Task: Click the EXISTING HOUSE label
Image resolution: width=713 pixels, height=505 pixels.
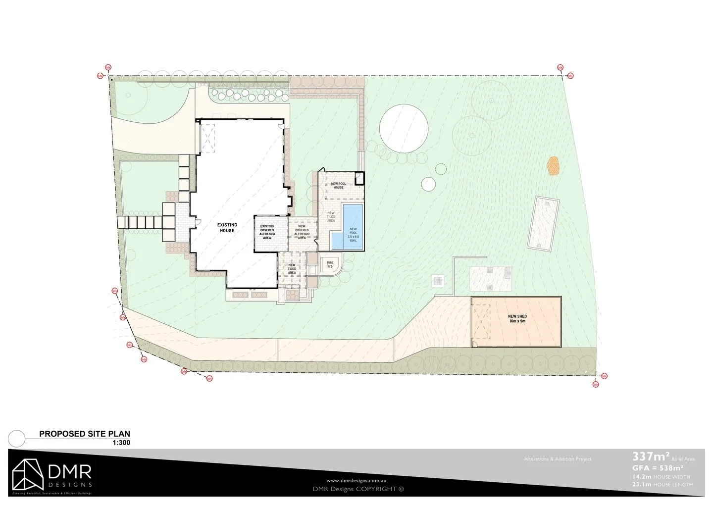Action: pyautogui.click(x=227, y=228)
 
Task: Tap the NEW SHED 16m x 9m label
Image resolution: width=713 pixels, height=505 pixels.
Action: pyautogui.click(x=517, y=319)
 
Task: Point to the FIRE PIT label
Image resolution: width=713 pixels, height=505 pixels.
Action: pyautogui.click(x=330, y=265)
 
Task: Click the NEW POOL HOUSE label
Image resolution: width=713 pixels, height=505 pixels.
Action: pyautogui.click(x=339, y=186)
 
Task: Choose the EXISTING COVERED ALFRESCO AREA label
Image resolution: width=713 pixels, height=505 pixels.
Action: pyautogui.click(x=267, y=232)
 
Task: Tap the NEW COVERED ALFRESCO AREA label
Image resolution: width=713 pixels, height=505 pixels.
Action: pyautogui.click(x=302, y=232)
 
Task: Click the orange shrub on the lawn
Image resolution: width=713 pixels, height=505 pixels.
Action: pyautogui.click(x=553, y=166)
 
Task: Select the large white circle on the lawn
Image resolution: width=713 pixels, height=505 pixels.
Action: pyautogui.click(x=404, y=128)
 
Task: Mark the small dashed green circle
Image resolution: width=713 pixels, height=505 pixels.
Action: pyautogui.click(x=440, y=169)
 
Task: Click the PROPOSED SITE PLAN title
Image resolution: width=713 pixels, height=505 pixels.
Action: pyautogui.click(x=85, y=434)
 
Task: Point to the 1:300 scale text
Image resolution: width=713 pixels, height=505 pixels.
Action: pyautogui.click(x=121, y=443)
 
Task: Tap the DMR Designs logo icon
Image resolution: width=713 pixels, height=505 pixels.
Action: pyautogui.click(x=28, y=475)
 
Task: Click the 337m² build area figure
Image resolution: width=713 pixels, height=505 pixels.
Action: pyautogui.click(x=651, y=456)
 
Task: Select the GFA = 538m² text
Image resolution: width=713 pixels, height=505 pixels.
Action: pyautogui.click(x=658, y=468)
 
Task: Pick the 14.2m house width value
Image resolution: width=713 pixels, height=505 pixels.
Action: pyautogui.click(x=642, y=477)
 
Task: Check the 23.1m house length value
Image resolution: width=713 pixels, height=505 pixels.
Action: pyautogui.click(x=642, y=485)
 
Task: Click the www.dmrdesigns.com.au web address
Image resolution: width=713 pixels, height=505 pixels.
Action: pyautogui.click(x=356, y=480)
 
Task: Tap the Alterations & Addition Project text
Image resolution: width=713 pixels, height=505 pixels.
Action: pyautogui.click(x=558, y=459)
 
